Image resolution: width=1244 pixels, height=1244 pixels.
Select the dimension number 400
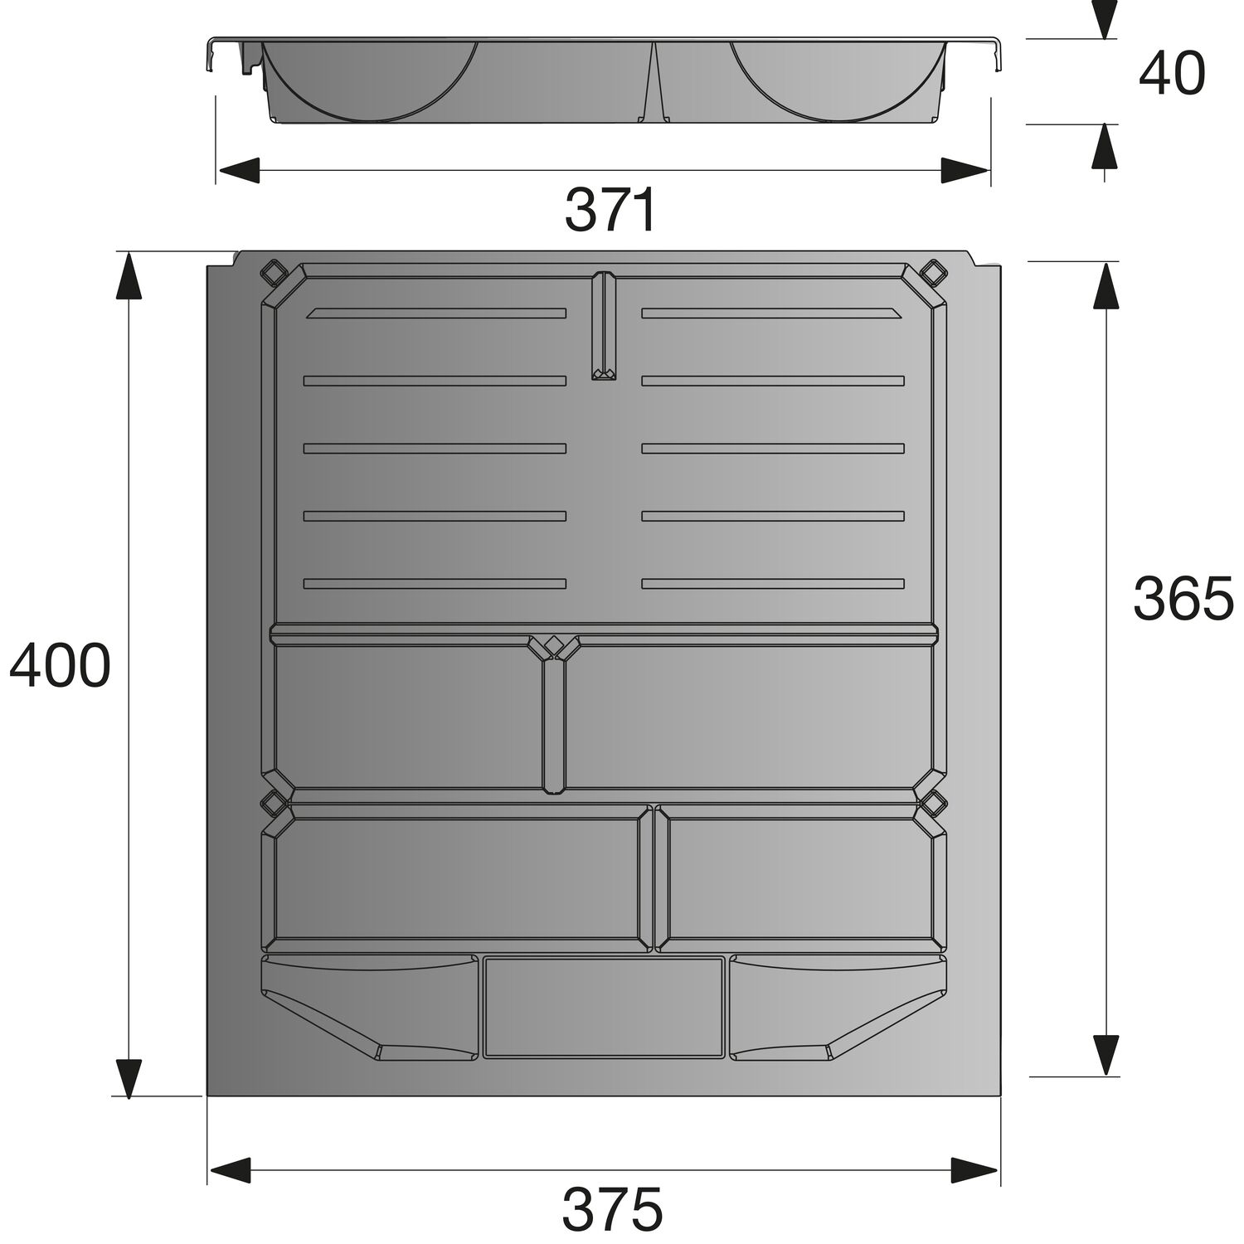pos(60,665)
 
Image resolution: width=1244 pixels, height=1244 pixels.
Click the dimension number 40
pos(1171,74)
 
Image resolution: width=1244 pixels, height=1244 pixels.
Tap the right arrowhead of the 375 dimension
pos(974,1170)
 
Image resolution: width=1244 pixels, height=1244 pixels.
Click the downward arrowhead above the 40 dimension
pos(1104,18)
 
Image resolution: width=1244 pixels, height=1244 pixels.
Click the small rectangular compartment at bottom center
pos(604,1007)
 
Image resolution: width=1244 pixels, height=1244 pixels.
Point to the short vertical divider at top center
pos(604,326)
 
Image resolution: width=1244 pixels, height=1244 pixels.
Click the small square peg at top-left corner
pos(273,271)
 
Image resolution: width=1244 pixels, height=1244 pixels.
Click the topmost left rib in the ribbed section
pos(436,313)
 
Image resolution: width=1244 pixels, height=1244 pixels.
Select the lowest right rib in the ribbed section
pos(772,584)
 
